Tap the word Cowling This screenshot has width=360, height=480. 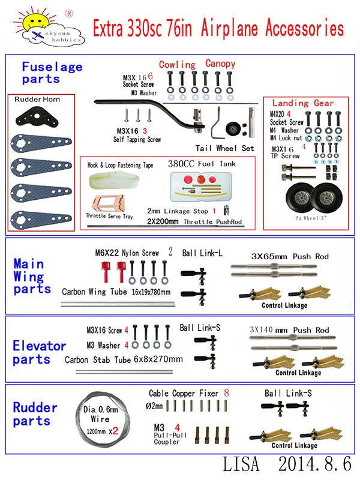point(177,65)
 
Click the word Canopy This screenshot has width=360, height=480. point(220,64)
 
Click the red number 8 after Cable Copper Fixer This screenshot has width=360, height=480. point(226,393)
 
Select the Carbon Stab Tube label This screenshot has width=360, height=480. point(123,359)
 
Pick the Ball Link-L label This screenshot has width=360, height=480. point(202,254)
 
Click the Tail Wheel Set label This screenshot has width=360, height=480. point(225,148)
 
